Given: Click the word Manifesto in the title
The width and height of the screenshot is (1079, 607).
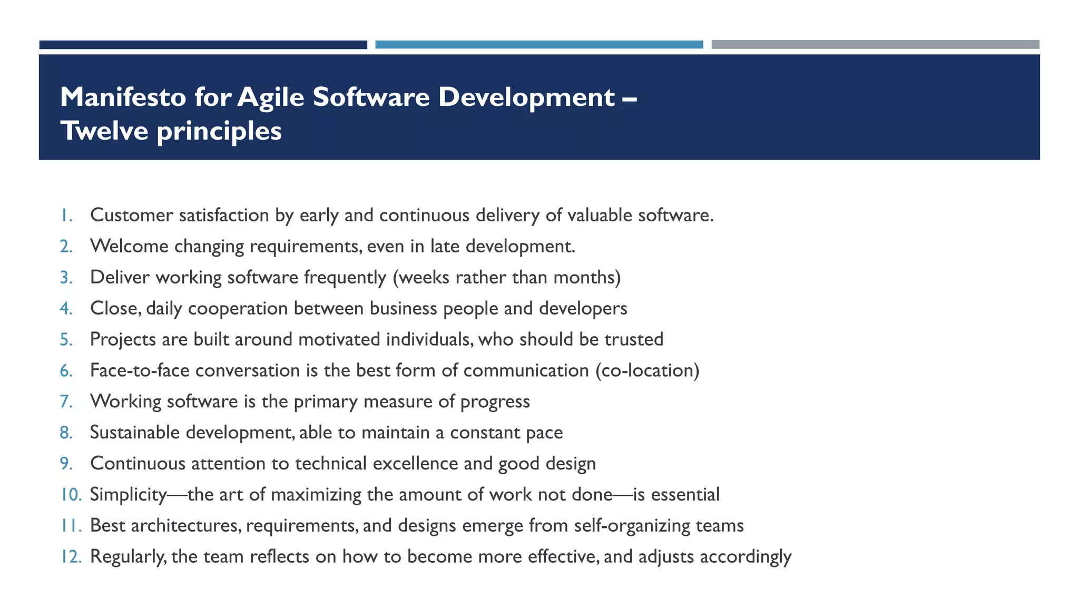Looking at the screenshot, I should pos(123,97).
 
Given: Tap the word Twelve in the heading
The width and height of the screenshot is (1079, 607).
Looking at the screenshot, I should pos(104,131).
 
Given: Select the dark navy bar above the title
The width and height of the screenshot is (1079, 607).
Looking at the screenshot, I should pos(203,45).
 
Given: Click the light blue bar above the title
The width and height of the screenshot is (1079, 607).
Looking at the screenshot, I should pos(539,45).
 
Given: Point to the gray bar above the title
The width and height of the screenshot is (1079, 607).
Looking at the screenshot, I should pos(875,45).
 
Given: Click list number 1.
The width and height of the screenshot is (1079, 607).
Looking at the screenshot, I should pos(66,216).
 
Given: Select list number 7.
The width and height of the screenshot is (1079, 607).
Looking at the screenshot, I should pos(66,402).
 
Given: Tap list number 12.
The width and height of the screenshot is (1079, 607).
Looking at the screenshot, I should pos(70,557).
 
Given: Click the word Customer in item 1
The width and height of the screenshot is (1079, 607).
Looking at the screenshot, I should pos(131,216).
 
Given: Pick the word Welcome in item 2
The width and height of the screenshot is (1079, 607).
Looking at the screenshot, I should pos(129,247).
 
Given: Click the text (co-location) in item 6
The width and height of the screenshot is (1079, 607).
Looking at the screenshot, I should pos(647,371).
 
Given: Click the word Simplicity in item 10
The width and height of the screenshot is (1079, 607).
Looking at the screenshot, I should pos(129,495).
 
